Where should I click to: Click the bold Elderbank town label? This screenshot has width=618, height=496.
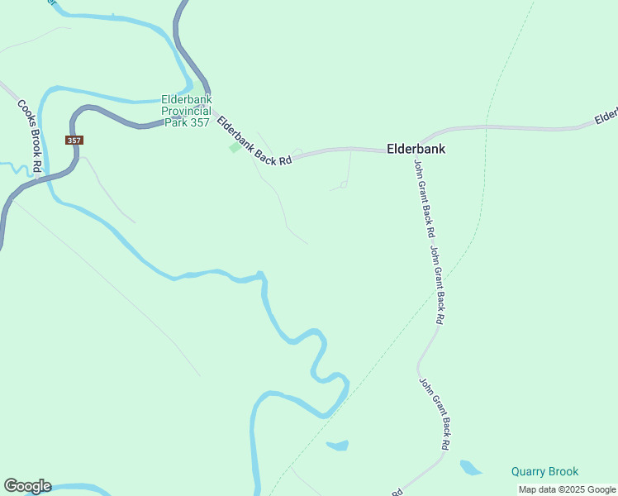click(416, 150)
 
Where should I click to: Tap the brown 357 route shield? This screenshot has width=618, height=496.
click(74, 141)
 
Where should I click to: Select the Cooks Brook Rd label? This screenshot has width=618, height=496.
click(30, 136)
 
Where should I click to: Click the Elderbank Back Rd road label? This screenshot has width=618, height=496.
click(254, 141)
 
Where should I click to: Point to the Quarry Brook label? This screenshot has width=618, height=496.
click(544, 472)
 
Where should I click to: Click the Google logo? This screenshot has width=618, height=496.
click(27, 486)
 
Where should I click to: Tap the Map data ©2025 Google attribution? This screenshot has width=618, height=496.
click(567, 489)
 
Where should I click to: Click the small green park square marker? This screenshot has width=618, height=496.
click(235, 148)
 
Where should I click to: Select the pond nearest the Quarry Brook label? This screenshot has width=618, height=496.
click(469, 468)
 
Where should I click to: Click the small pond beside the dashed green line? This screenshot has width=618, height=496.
click(338, 446)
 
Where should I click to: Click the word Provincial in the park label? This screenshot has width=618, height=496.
click(187, 111)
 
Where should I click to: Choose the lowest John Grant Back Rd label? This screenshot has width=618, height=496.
click(435, 414)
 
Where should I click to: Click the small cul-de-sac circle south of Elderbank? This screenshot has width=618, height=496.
click(344, 185)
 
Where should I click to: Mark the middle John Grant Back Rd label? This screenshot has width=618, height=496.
click(438, 284)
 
